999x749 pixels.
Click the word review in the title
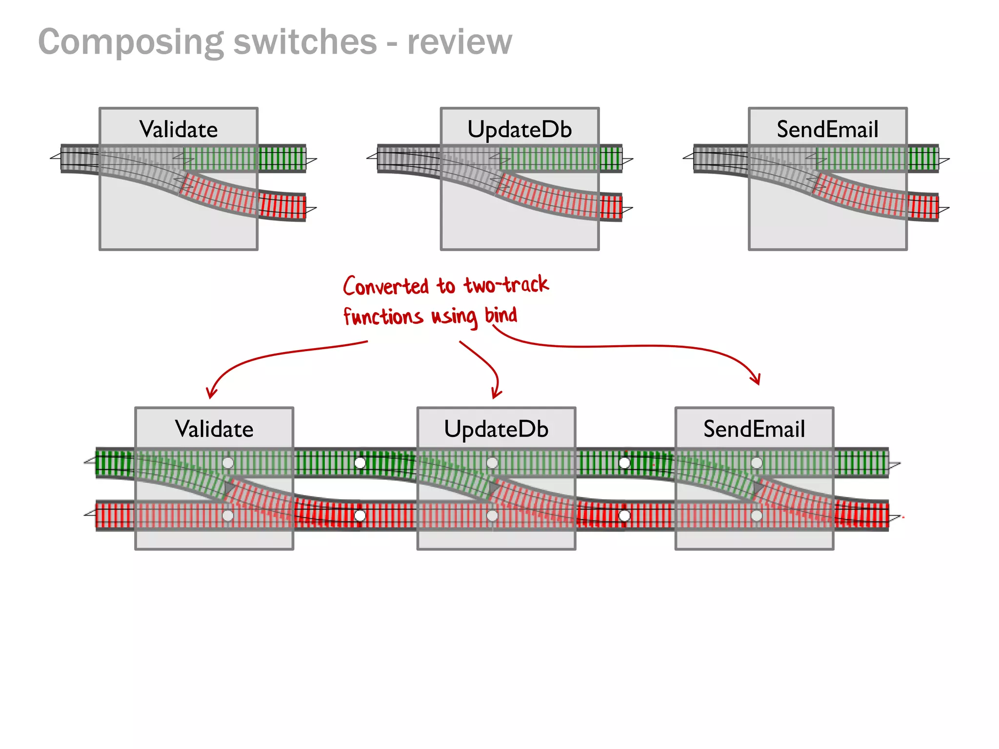460,42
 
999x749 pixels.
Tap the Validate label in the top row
179,130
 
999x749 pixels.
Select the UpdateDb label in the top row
519,130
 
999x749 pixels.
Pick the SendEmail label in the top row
827,130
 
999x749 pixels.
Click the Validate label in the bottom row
214,429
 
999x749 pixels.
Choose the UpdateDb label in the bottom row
496,429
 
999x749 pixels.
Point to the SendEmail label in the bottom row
754,429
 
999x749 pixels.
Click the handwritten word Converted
385,286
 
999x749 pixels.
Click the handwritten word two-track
506,285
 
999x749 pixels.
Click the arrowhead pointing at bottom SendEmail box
757,380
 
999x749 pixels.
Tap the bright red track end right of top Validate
282,206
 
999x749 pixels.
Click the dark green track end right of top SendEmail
923,158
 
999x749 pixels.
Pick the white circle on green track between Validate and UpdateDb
360,462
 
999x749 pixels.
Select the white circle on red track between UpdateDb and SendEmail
624,515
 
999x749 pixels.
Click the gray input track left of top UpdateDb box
408,158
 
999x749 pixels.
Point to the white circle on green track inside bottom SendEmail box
757,462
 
